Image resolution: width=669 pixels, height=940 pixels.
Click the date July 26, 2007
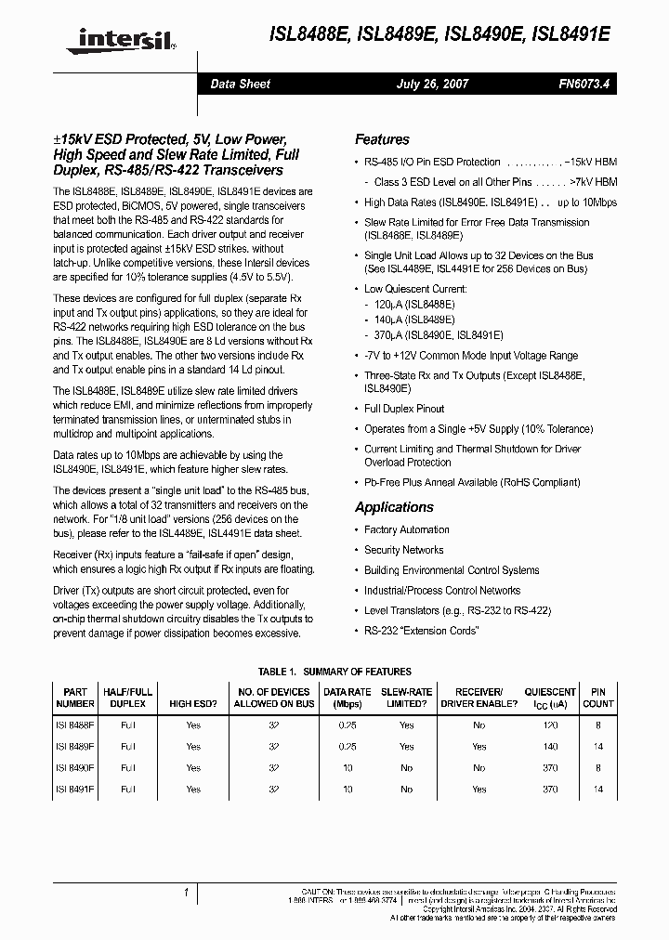tap(432, 84)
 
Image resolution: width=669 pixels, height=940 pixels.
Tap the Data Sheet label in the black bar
tap(240, 84)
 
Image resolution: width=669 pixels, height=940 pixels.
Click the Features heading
tap(382, 139)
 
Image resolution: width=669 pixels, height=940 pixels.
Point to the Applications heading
tap(394, 507)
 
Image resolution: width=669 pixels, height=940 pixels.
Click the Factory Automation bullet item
tap(406, 529)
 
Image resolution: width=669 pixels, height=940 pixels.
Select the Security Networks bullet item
tap(403, 550)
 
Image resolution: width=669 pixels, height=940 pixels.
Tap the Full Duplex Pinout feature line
tap(404, 409)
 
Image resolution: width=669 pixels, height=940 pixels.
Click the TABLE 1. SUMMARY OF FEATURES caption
tap(334, 672)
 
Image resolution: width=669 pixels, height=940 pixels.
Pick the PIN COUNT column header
tap(597, 698)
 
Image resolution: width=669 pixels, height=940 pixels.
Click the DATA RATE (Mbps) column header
tap(347, 698)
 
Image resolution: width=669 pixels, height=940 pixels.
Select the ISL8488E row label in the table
tap(75, 725)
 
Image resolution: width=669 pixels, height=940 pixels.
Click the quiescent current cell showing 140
tap(550, 746)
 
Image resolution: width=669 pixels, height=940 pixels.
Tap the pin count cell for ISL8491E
tap(597, 790)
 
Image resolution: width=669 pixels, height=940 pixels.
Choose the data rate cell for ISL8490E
tap(347, 768)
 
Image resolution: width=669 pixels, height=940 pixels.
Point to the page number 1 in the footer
tap(187, 894)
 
